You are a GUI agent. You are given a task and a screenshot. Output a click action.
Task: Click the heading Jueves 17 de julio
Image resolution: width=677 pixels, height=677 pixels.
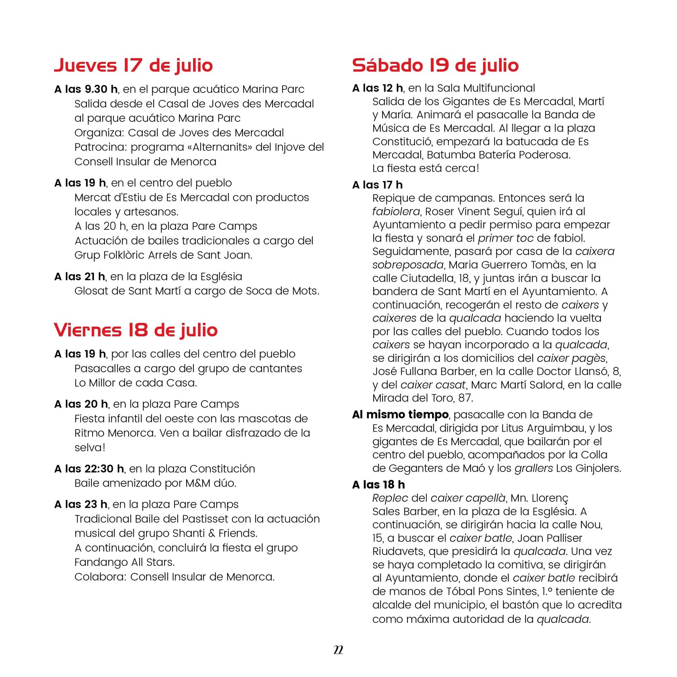[133, 66]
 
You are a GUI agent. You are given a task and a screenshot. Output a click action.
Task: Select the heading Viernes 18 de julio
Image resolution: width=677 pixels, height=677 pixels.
[135, 330]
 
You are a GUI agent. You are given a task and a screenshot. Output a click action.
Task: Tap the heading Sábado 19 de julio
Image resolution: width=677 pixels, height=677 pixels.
[435, 66]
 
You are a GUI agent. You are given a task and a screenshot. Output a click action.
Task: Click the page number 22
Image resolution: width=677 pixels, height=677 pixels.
[338, 650]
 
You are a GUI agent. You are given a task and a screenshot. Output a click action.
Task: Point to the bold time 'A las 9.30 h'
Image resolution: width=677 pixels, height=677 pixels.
[86, 89]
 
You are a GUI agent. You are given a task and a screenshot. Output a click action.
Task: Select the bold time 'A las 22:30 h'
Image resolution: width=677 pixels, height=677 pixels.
[89, 469]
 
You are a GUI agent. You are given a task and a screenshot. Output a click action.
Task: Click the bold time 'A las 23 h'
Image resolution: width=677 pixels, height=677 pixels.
[81, 504]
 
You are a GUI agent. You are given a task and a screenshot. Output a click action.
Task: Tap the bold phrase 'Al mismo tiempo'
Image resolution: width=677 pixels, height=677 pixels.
[400, 415]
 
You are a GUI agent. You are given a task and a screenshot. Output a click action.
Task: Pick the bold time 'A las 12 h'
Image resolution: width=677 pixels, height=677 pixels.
[377, 88]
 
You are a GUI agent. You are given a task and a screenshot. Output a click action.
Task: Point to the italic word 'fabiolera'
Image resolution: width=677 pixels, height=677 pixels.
[396, 212]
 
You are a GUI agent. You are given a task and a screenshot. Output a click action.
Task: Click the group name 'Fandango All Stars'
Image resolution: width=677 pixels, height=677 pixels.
[124, 562]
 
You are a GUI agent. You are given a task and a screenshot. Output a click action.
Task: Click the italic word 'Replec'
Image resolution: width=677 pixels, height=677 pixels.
[390, 498]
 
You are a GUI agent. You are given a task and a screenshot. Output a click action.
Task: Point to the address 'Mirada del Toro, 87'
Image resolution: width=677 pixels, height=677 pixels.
[422, 398]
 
